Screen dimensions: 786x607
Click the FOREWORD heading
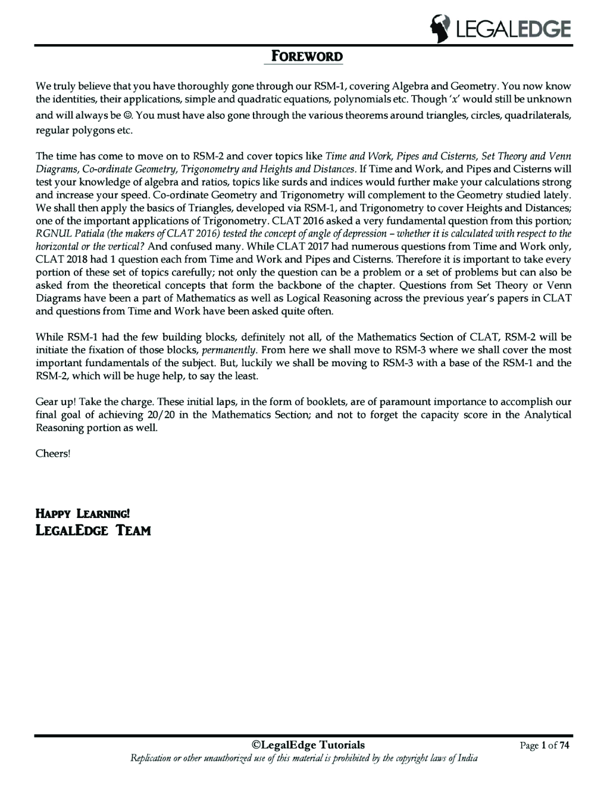pos(303,57)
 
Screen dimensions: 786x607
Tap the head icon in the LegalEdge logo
pos(441,29)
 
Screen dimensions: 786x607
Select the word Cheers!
pos(53,454)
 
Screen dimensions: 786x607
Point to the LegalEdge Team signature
pos(93,531)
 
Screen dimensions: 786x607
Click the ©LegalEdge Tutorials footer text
pos(308,745)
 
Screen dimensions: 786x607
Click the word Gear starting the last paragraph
pos(47,402)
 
